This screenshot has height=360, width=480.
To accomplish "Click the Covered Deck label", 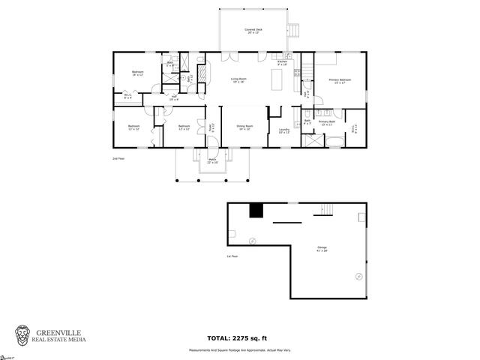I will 253,31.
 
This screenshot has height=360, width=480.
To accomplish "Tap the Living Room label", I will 239,80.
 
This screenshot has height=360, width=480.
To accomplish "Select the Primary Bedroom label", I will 340,80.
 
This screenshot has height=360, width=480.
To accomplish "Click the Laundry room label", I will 284,131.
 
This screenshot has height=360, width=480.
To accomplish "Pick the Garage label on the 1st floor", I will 322,248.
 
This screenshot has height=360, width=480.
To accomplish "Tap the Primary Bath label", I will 327,122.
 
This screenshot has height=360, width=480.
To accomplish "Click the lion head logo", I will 24,334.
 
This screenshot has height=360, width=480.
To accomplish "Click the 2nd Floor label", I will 118,159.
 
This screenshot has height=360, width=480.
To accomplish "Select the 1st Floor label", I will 232,256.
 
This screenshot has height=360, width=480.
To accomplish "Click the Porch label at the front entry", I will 212,160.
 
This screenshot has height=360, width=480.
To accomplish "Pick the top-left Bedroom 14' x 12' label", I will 137,74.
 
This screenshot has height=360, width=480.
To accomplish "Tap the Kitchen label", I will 282,63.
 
